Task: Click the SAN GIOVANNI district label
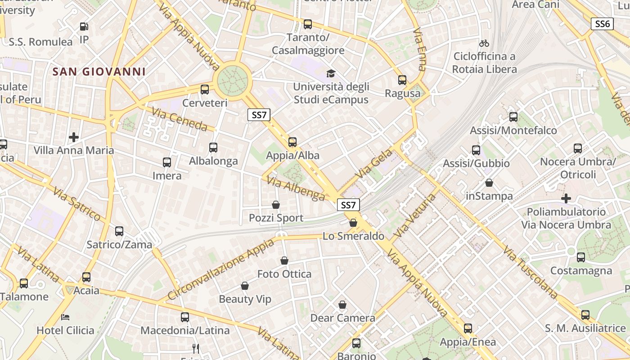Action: [x=99, y=72]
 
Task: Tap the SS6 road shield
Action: [x=602, y=24]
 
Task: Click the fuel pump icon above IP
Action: [x=84, y=27]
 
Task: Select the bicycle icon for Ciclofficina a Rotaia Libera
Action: [x=484, y=43]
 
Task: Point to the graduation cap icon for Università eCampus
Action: [x=331, y=73]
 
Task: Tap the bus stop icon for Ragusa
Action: [x=402, y=80]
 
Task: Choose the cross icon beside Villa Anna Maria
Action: [x=74, y=137]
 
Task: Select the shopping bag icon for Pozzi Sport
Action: [x=276, y=205]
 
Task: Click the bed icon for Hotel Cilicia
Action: [x=65, y=317]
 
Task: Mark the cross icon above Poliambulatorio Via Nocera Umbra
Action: [x=566, y=198]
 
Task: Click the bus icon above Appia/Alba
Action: [x=292, y=142]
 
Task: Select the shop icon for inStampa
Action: [x=489, y=183]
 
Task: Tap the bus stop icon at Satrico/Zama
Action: [x=119, y=231]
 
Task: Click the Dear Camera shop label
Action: [x=342, y=318]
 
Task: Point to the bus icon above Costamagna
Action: [x=581, y=257]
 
